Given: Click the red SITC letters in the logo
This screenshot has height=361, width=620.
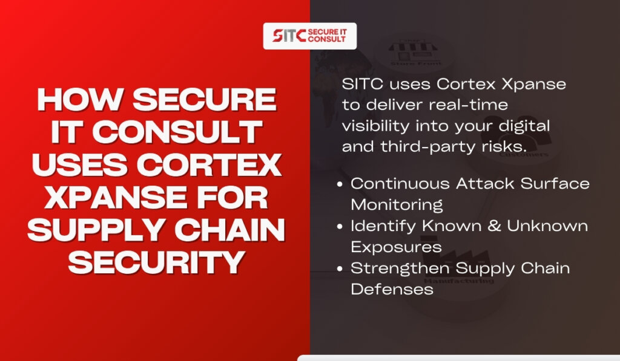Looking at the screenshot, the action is coord(289,36).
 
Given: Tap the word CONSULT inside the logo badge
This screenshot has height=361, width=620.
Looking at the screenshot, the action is coord(327,39).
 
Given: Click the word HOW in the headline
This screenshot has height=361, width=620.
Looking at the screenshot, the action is coord(79,100).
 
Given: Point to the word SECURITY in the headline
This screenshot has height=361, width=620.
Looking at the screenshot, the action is coord(157,262).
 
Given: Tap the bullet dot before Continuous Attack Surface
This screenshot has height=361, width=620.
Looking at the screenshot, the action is coord(340,184).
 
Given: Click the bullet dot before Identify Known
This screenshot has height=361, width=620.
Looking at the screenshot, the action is coord(340,226).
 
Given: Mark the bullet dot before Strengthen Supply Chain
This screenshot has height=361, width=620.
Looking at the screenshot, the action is coord(340,268).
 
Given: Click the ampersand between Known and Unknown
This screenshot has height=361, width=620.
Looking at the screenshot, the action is coord(494,226).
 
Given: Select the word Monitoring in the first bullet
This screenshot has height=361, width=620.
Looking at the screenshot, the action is coord(397,205).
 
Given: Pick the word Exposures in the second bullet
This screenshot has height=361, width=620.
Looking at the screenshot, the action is coord(396,247).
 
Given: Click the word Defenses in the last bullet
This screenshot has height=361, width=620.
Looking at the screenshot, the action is coord(392,289).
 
